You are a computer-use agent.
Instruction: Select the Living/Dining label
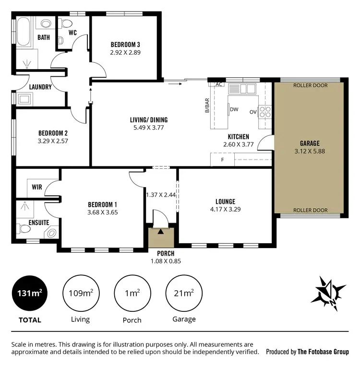click(x=149, y=120)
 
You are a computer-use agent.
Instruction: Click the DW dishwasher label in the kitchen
click(x=234, y=109)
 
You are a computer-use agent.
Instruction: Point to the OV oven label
click(x=253, y=112)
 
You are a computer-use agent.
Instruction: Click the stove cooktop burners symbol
click(x=265, y=111)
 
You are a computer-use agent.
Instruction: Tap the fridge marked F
click(x=222, y=160)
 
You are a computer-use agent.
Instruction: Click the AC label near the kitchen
click(x=219, y=84)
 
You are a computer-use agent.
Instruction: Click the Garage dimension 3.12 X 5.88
click(x=310, y=151)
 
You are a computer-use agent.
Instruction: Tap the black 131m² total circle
click(x=30, y=294)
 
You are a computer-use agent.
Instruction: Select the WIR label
click(x=37, y=186)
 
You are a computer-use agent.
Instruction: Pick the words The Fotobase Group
click(x=323, y=352)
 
